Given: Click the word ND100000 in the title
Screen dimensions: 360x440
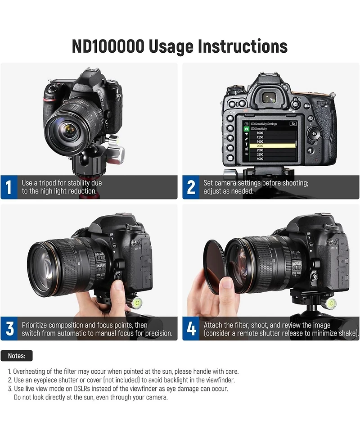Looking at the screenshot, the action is point(108,46).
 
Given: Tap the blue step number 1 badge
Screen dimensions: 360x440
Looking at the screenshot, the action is point(9,187).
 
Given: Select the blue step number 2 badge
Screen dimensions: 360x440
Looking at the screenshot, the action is point(191,187).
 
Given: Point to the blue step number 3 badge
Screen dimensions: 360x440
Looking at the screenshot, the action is point(9,329).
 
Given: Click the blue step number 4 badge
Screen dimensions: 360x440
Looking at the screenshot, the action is point(191,329).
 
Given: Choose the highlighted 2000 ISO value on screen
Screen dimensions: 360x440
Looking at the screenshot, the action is point(260,146).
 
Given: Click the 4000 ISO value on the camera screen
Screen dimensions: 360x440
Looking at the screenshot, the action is point(260,159).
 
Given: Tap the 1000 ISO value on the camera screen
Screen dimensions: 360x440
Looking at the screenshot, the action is point(260,133).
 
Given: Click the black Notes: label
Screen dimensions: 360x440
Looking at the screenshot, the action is point(17,356).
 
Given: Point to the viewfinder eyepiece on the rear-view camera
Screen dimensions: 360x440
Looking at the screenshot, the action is point(269,98).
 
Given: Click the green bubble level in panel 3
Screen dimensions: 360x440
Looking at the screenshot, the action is point(137,302).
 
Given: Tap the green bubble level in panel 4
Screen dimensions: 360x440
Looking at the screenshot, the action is point(331,303).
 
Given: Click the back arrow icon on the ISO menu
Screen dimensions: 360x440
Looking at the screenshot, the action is point(293,124).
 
